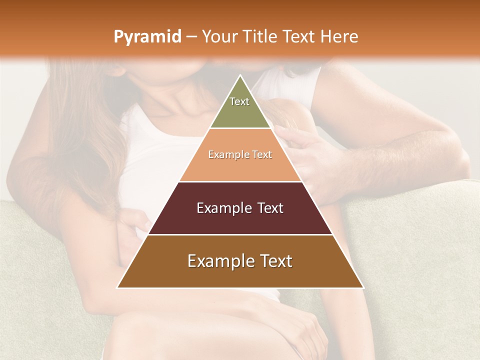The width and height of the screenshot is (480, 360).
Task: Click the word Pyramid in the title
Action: (147, 37)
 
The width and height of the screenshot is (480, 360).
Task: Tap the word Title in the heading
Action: (262, 37)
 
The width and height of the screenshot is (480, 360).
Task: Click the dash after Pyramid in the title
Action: (191, 37)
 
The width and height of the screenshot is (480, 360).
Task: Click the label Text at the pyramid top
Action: (239, 101)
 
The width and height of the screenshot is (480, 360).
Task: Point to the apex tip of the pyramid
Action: (240, 75)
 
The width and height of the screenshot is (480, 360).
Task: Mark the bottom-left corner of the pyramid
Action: (117, 287)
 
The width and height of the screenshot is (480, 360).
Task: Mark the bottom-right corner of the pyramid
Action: (363, 287)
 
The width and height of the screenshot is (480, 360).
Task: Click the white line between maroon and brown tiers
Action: (240, 234)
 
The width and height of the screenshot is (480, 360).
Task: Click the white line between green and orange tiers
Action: (240, 128)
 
